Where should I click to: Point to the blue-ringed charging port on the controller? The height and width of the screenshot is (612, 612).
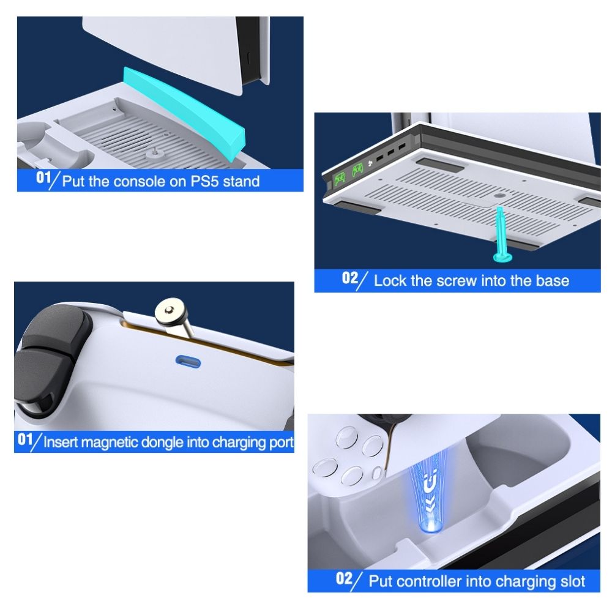pos(188,362)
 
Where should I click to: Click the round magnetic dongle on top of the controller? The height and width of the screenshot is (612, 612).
pos(170,311)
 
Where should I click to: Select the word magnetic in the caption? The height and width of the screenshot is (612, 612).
pos(110,442)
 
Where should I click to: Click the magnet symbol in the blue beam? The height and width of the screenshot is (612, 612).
pos(430,484)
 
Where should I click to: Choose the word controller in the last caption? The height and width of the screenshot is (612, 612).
pos(427,581)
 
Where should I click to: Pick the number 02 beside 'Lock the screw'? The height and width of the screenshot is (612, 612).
pos(349,278)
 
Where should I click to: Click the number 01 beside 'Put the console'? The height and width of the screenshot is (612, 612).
pos(43,177)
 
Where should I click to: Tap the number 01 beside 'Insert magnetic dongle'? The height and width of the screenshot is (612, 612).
pos(25,439)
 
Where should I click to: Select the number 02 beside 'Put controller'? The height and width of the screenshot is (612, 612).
pos(344,578)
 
